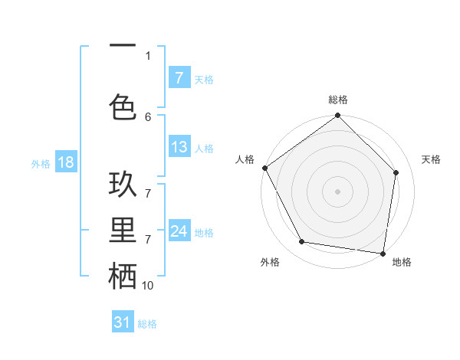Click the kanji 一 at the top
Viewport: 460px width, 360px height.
[x=123, y=46]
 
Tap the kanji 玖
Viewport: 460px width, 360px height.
[x=123, y=187]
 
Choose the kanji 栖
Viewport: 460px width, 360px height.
[x=123, y=277]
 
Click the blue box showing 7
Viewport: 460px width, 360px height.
[x=179, y=78]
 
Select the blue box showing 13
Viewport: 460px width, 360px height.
[x=179, y=147]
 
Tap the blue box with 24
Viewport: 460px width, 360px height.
[x=179, y=231]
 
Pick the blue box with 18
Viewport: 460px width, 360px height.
[x=65, y=162]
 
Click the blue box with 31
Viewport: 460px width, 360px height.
[x=123, y=322]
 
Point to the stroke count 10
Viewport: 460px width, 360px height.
[x=148, y=286]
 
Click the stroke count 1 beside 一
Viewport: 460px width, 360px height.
[x=148, y=55]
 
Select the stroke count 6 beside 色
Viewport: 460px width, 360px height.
[x=148, y=116]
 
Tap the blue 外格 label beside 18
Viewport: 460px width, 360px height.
[x=41, y=163]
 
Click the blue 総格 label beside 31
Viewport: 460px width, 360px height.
[x=147, y=324]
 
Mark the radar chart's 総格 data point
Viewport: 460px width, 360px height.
[x=337, y=116]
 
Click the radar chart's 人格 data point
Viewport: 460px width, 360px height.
[x=264, y=168]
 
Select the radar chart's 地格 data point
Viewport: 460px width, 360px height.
[x=383, y=253]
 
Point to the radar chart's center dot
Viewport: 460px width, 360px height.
[x=337, y=191]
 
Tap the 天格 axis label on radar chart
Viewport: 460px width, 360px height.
[x=432, y=159]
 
